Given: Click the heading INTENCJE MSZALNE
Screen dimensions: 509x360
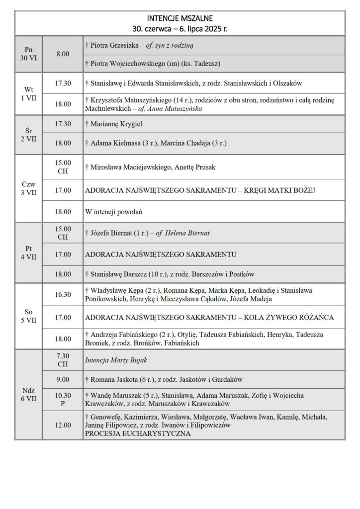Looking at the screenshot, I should pos(180,18).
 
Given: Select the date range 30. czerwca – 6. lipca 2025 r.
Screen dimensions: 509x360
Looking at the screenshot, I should pos(180,29).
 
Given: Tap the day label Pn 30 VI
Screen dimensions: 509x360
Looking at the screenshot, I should pos(28,54).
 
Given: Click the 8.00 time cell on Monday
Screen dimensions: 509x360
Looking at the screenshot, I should pos(63,54).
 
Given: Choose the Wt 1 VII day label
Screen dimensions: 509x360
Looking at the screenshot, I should pos(29,93).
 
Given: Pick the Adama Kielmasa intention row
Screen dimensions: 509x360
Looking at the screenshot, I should pos(156,143).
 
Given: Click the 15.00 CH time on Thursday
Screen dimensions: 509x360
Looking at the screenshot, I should pos(63,167).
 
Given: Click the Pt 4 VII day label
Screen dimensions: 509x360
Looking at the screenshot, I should pos(29,254).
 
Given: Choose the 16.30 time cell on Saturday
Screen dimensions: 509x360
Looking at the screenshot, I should pos(63,294).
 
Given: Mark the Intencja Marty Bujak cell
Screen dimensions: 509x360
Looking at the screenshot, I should pos(115,360).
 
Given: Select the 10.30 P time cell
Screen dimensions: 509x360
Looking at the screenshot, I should pos(63,399).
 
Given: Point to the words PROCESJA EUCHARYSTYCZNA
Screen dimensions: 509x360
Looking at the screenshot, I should pos(138,433).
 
